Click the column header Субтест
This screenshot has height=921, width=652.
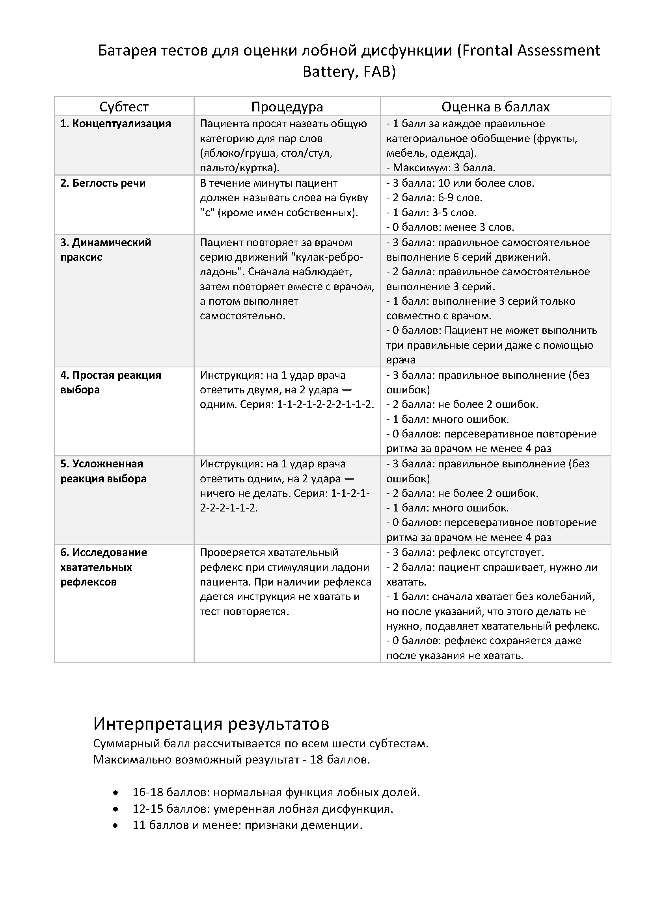point(124,107)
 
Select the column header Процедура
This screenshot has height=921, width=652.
point(287,107)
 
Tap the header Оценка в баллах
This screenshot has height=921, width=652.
point(496,107)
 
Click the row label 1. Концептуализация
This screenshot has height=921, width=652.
point(115,124)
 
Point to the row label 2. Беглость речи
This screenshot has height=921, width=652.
point(103,183)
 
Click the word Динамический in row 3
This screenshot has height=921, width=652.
point(111,242)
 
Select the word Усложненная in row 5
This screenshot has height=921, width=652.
point(107,464)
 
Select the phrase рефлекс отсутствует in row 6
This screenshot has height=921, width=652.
point(491,552)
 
